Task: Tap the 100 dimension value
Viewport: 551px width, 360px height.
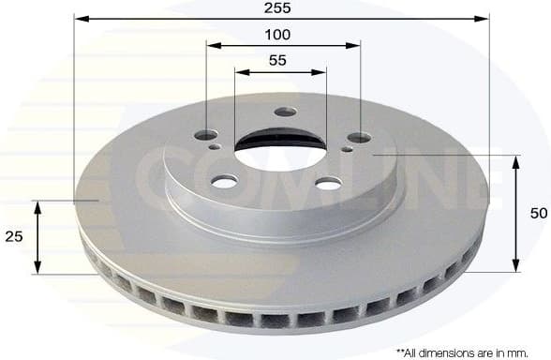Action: pos(277,35)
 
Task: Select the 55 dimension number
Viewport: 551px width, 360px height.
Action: pos(277,60)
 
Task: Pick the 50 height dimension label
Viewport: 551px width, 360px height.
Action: pos(538,214)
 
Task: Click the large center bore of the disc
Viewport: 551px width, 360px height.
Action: pos(278,151)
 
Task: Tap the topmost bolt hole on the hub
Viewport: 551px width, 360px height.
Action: pos(286,112)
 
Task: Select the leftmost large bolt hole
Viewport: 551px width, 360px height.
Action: pos(205,135)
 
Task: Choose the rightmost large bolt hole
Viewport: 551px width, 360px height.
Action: pos(360,138)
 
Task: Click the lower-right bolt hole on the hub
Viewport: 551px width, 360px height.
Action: pos(328,184)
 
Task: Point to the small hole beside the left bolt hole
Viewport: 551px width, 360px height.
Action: pos(216,146)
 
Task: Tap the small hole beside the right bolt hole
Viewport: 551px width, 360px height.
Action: pos(348,148)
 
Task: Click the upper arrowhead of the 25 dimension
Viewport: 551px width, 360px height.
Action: pos(37,206)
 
